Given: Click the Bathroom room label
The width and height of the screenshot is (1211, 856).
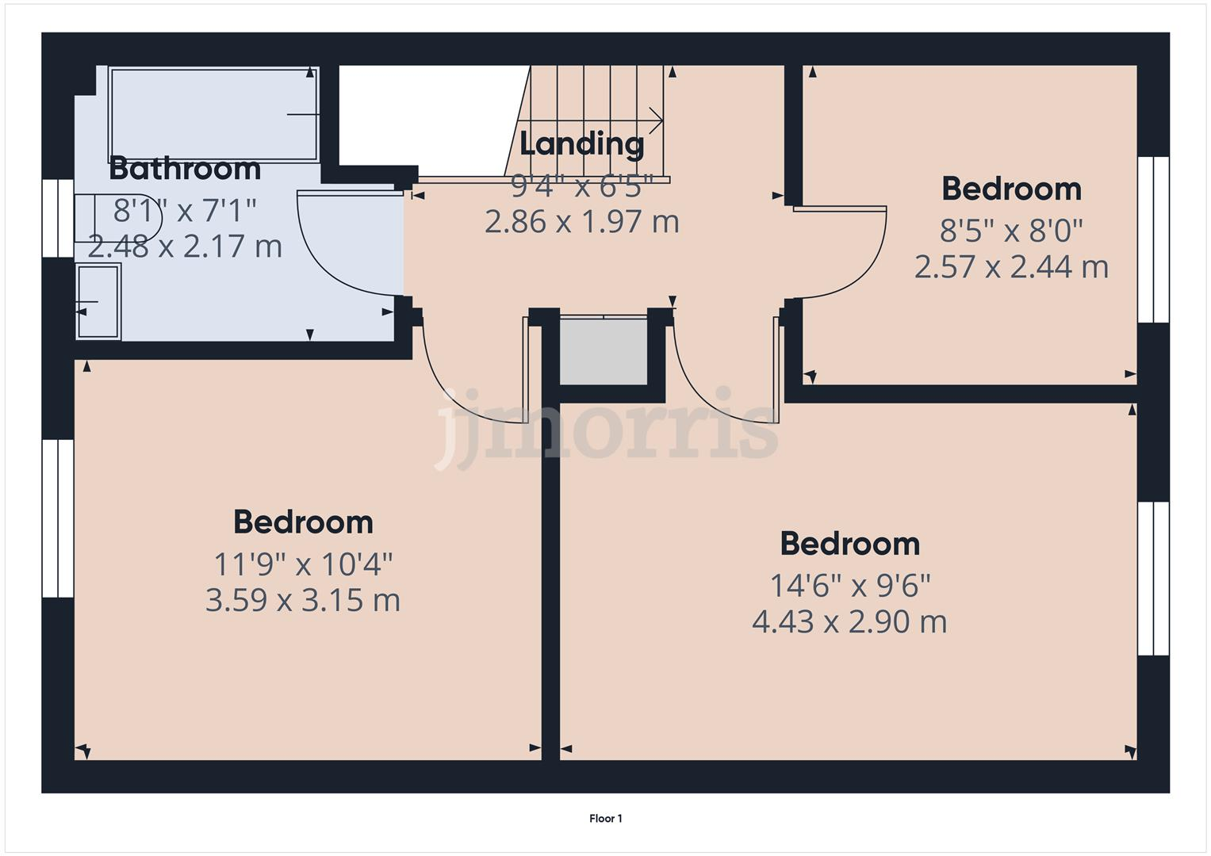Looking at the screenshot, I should [x=184, y=169].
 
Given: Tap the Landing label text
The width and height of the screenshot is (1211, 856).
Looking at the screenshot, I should [x=581, y=143].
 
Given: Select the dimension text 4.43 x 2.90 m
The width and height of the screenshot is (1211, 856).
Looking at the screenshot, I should [x=849, y=621].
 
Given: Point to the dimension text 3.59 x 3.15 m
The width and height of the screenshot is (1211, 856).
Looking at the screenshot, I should [x=302, y=600].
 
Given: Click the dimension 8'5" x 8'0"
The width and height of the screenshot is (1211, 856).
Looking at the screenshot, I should [x=1011, y=231].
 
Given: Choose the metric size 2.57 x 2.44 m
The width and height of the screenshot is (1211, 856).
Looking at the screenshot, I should [x=1011, y=266].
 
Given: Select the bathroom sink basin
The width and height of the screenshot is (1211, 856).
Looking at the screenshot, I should [x=98, y=301].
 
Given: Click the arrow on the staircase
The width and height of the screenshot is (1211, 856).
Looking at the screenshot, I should [x=627, y=121].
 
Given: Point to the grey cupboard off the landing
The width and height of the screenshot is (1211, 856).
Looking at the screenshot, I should [x=604, y=351].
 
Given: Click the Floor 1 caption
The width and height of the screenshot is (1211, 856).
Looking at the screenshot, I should [x=605, y=819].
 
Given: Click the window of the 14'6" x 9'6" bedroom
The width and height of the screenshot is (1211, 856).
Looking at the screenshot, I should [x=1153, y=578].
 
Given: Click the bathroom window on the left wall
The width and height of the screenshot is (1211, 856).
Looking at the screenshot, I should [x=58, y=218].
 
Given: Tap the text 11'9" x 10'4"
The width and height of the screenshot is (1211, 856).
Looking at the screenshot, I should [x=303, y=564].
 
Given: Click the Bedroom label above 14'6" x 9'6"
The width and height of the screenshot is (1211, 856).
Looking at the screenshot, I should [x=849, y=544].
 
